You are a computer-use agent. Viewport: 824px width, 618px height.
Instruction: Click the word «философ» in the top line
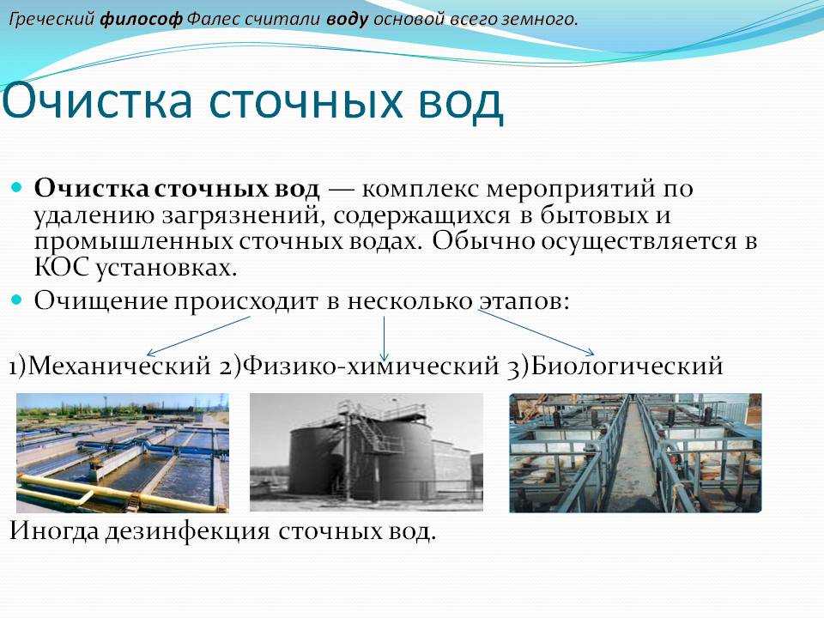click(x=141, y=20)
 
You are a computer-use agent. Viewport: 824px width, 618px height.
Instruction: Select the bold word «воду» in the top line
click(x=347, y=20)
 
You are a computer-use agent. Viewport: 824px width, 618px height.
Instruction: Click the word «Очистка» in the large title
click(x=98, y=101)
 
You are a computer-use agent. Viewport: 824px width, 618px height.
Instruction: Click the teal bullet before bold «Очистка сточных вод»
click(x=16, y=186)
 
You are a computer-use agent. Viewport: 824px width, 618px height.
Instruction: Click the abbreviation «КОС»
click(x=61, y=268)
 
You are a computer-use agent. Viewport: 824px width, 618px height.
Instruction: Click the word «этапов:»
click(x=524, y=301)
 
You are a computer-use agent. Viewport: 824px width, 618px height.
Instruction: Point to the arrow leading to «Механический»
click(x=198, y=336)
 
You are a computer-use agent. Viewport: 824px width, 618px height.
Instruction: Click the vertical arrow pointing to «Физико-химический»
click(x=385, y=338)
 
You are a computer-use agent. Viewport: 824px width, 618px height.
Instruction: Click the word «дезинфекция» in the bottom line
click(x=188, y=531)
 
